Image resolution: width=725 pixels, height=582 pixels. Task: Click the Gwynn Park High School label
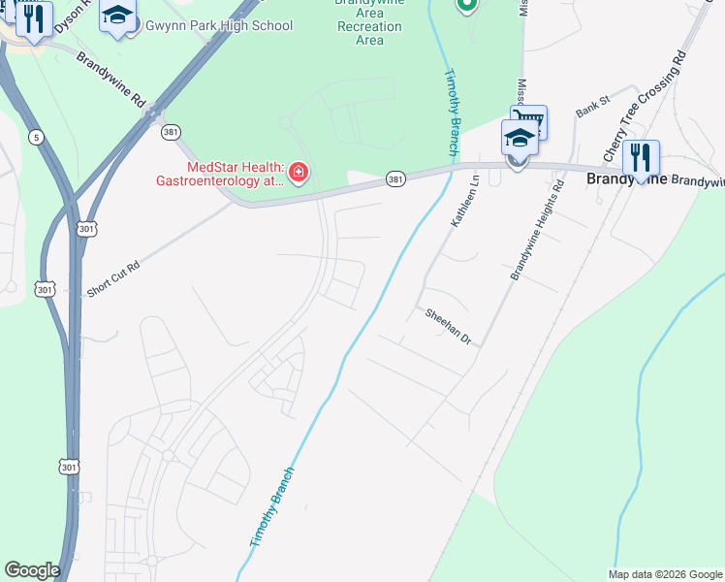click(218, 25)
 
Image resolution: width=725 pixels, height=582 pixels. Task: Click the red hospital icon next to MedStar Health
click(299, 174)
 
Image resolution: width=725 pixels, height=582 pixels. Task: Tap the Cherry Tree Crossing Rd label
click(645, 107)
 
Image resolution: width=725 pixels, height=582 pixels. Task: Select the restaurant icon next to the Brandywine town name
click(641, 156)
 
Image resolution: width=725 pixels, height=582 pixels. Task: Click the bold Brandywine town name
click(626, 180)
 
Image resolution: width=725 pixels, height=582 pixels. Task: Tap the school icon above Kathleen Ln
click(520, 139)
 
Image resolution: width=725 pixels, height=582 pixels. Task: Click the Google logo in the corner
click(32, 570)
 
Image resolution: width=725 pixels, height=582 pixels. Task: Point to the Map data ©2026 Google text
click(664, 574)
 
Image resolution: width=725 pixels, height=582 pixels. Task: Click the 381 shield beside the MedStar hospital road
click(395, 179)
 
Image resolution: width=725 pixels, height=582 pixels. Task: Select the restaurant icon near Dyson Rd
click(34, 19)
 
